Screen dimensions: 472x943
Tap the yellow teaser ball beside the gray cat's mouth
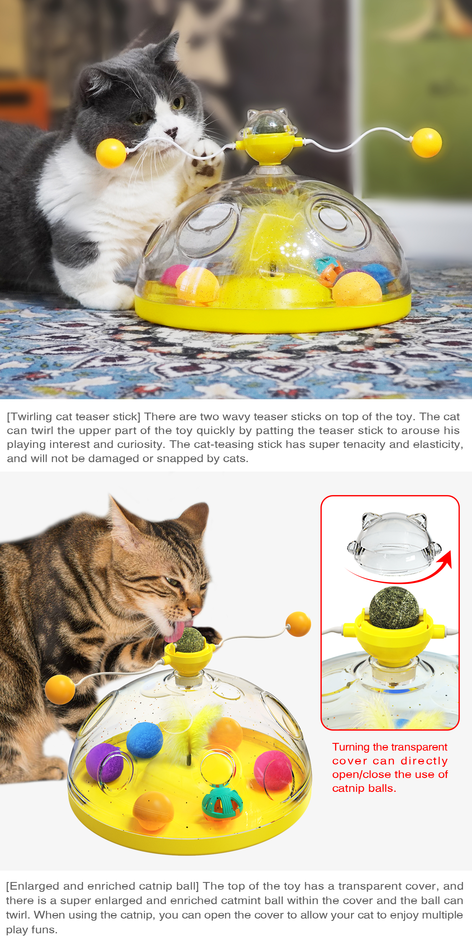tap(111, 153)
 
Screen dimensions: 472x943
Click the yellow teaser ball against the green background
tap(427, 142)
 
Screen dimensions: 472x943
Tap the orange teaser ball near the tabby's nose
tap(298, 624)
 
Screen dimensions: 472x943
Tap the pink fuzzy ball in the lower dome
tap(273, 771)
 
